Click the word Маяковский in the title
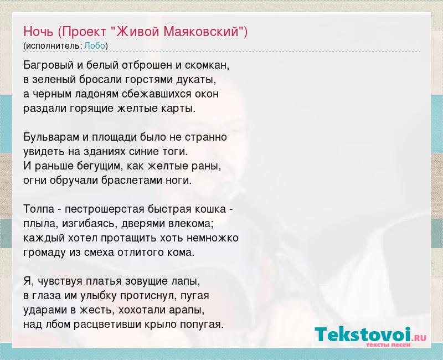point(202,32)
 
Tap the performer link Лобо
point(95,45)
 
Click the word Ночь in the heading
point(38,32)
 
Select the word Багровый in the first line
point(49,65)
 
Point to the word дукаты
point(196,80)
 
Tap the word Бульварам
point(51,137)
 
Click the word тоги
point(177,152)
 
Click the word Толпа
point(39,209)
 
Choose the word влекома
point(191,224)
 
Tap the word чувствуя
point(60,281)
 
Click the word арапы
point(187,310)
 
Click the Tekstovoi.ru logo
point(370,337)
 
